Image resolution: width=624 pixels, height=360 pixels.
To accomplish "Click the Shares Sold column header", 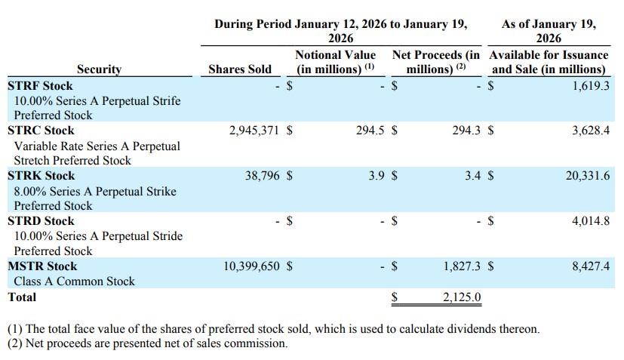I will point(239,69).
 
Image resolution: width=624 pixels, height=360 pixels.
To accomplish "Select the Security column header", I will point(99,69).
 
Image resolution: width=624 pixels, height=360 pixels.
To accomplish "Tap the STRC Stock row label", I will point(41,131).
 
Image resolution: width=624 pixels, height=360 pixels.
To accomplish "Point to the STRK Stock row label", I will point(41,176).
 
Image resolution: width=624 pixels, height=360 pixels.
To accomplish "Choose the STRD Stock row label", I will point(41,221).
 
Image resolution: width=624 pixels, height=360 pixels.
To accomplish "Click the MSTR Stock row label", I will point(42,266).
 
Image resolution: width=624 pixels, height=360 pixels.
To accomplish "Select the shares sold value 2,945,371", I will point(254,131).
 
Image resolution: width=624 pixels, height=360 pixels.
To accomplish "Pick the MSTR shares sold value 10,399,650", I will point(251,266).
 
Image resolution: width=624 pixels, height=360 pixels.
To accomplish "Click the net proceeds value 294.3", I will point(466,131).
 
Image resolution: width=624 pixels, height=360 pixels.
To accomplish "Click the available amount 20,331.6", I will point(582,176).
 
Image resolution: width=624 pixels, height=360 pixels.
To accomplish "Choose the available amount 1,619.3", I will point(586,85).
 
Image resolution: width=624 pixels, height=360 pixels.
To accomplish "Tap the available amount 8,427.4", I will point(586,266).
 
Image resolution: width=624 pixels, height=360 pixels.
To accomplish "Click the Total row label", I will point(22,297).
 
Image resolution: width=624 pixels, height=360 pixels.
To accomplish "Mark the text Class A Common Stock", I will point(74,282).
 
